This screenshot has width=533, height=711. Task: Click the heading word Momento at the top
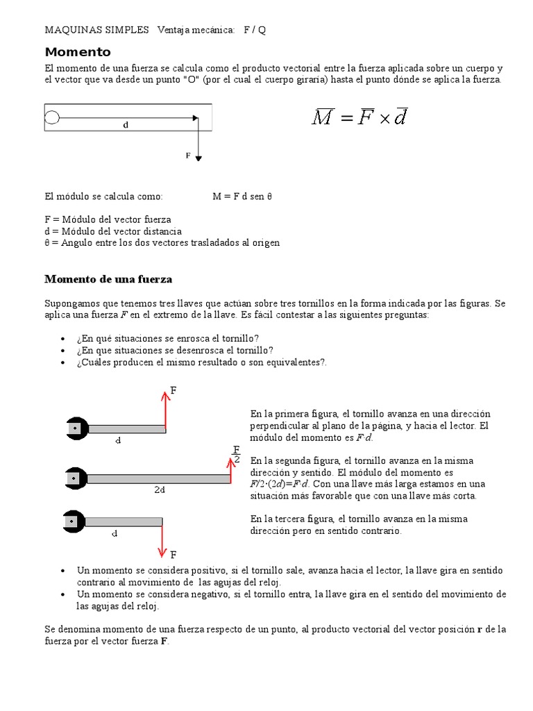(78, 52)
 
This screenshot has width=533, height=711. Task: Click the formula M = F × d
(359, 117)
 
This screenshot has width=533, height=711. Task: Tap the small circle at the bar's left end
(52, 117)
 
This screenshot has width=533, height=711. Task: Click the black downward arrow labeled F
(198, 139)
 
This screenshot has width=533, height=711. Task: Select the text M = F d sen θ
(242, 196)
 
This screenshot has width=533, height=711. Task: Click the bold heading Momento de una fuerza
(108, 279)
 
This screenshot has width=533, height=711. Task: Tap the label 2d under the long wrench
(159, 489)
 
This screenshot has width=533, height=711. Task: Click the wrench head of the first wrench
(74, 429)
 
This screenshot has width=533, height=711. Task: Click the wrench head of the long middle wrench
(74, 478)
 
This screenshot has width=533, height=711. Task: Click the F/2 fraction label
(237, 454)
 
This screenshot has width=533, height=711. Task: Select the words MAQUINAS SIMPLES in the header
(97, 30)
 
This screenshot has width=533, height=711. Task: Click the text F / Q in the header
(255, 30)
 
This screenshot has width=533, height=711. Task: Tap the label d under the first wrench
(118, 440)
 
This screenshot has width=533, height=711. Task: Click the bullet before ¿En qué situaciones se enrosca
(62, 339)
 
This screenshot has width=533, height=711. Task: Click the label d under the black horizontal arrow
(126, 126)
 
